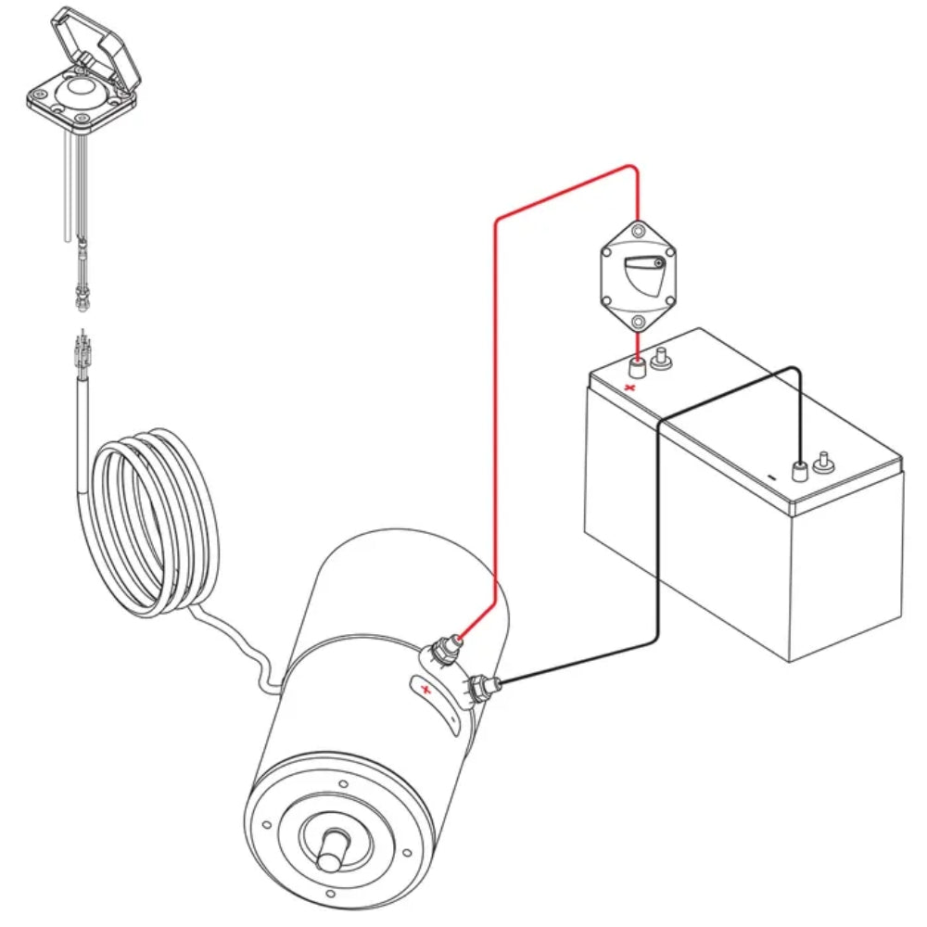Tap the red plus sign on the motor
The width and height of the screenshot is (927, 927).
425,690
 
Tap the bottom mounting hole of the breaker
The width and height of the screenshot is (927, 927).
638,322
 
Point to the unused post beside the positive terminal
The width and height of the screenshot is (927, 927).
662,358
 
